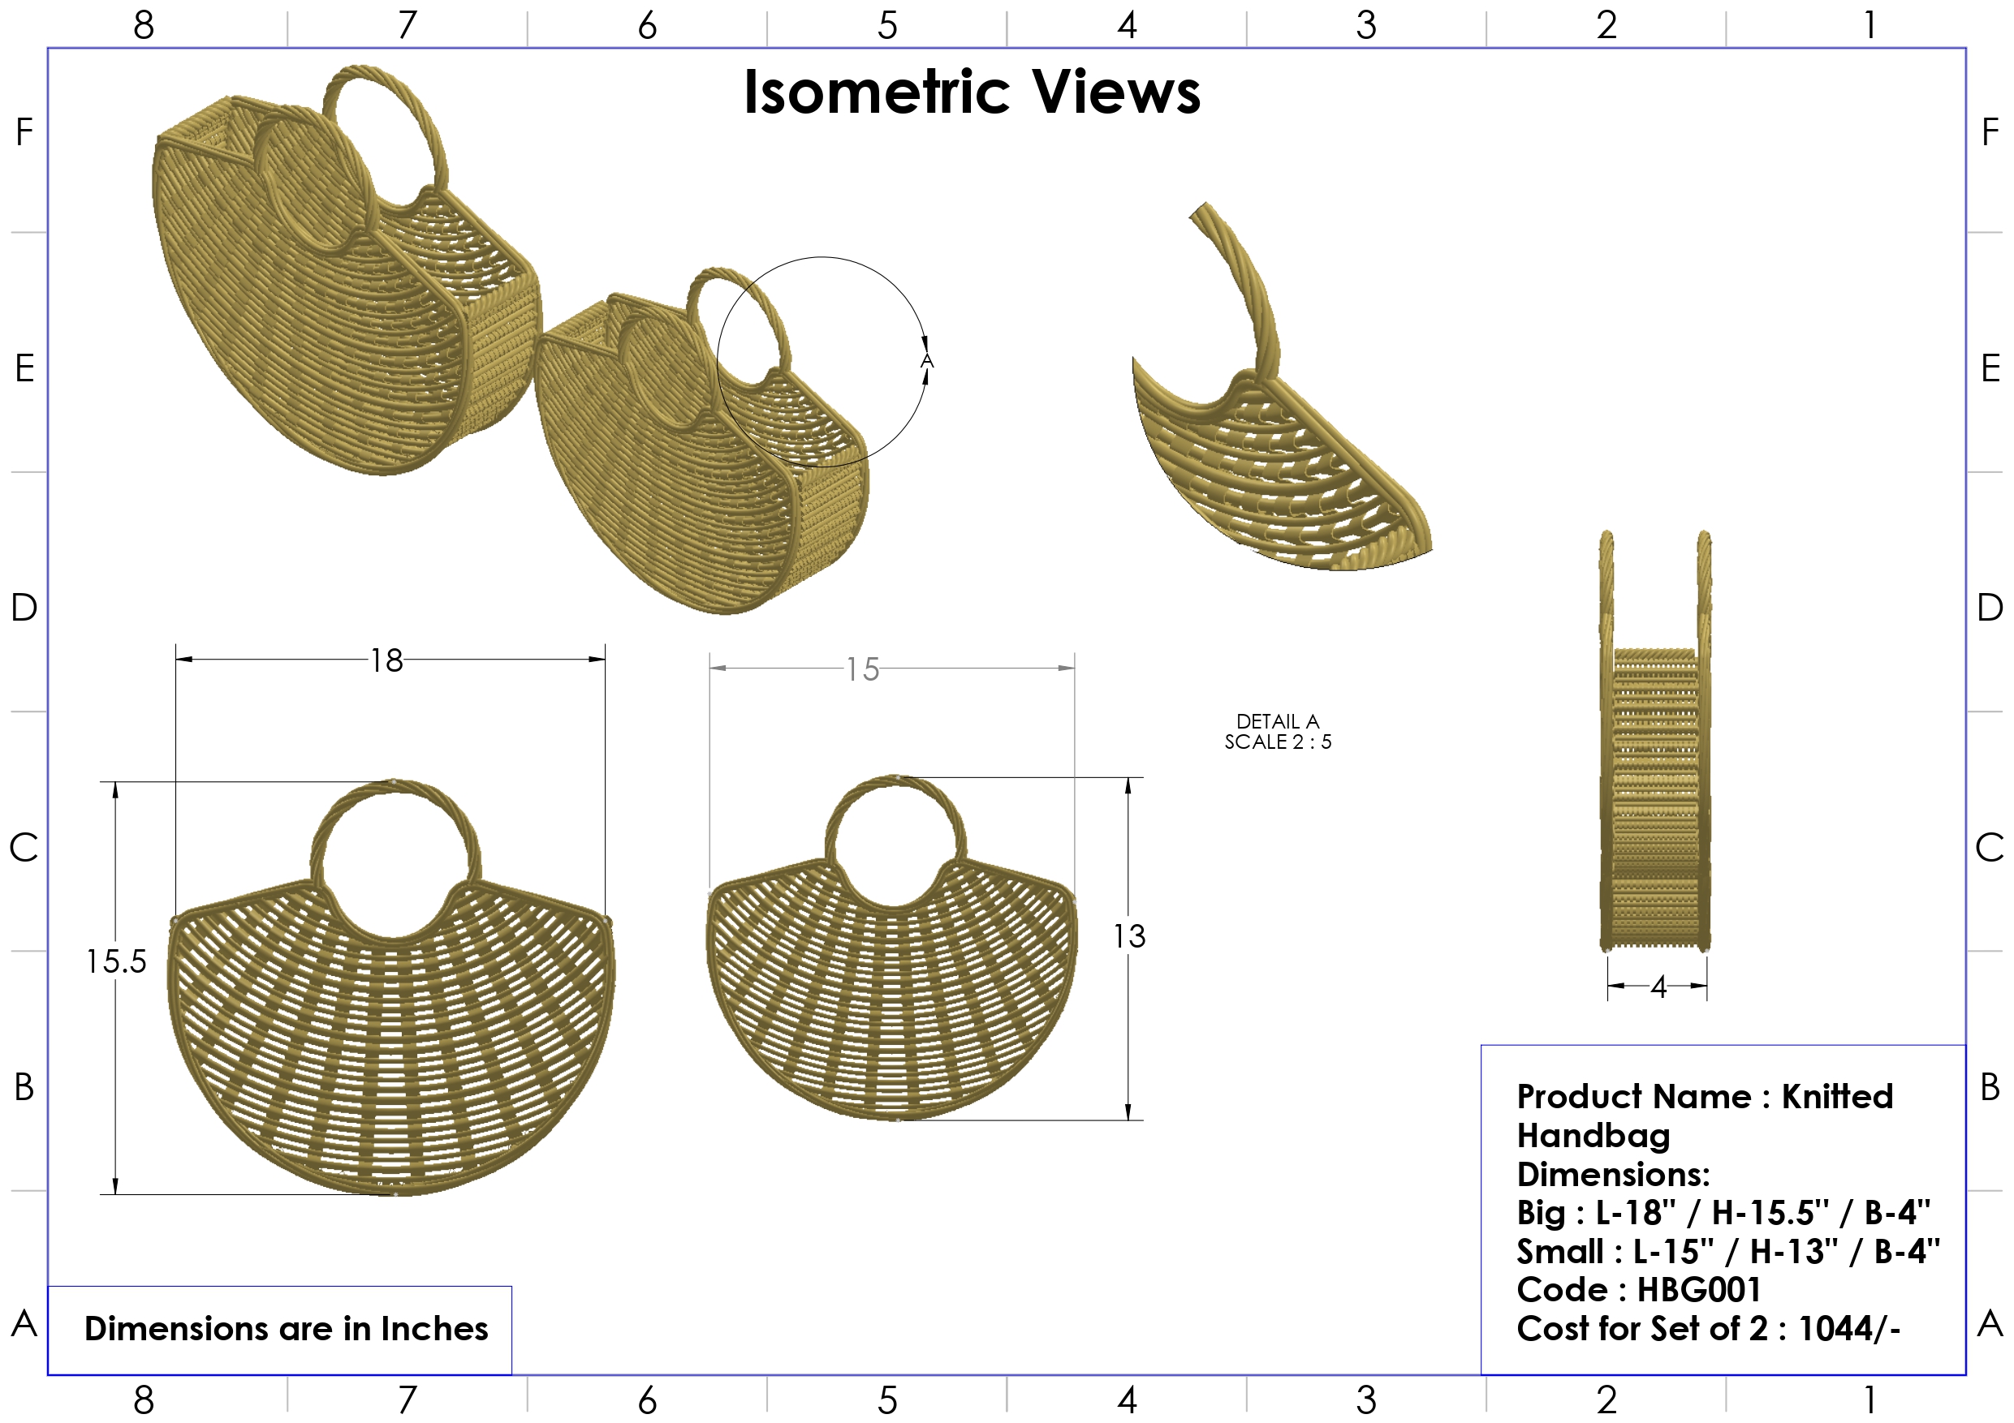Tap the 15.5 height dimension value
(116, 962)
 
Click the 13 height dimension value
(1129, 936)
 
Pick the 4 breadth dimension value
(1657, 987)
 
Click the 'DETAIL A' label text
(1277, 721)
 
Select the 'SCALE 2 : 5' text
(1277, 742)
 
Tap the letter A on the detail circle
(926, 361)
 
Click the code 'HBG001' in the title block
(1698, 1290)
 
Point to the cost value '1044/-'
(1849, 1328)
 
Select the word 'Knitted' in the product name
(1837, 1097)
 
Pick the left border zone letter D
(24, 607)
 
